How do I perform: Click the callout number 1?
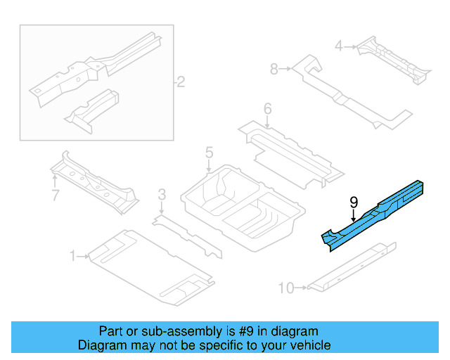point(72,257)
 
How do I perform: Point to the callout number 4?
point(339,46)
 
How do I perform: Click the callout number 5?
point(209,152)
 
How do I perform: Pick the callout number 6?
point(267,108)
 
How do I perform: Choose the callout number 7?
point(55,195)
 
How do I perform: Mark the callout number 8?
point(274,68)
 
